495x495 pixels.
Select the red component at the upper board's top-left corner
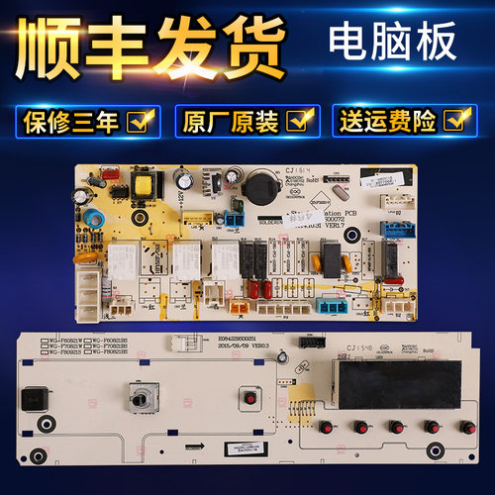point(96,180)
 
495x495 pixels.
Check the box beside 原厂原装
point(295,121)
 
